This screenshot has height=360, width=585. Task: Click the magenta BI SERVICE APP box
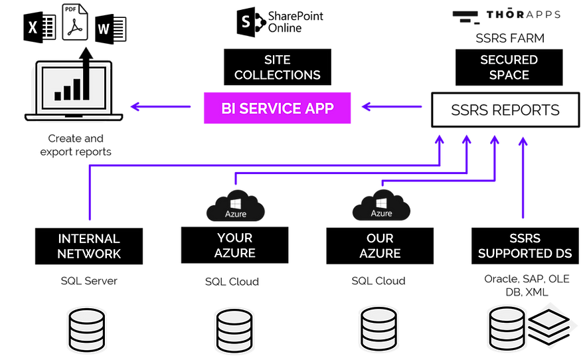tap(277, 108)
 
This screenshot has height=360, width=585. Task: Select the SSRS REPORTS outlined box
tap(505, 110)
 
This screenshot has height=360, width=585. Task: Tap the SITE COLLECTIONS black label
tap(277, 67)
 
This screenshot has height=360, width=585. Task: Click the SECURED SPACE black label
tap(509, 67)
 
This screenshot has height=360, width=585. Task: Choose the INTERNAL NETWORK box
tap(89, 246)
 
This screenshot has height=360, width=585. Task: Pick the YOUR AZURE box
tap(234, 245)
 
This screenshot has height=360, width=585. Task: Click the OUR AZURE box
tap(380, 245)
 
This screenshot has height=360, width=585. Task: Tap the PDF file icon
tap(78, 23)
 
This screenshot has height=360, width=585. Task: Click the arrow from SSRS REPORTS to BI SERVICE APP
tap(392, 106)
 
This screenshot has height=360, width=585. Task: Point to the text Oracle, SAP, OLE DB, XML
tap(526, 285)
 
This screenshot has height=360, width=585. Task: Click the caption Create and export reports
tap(76, 145)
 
